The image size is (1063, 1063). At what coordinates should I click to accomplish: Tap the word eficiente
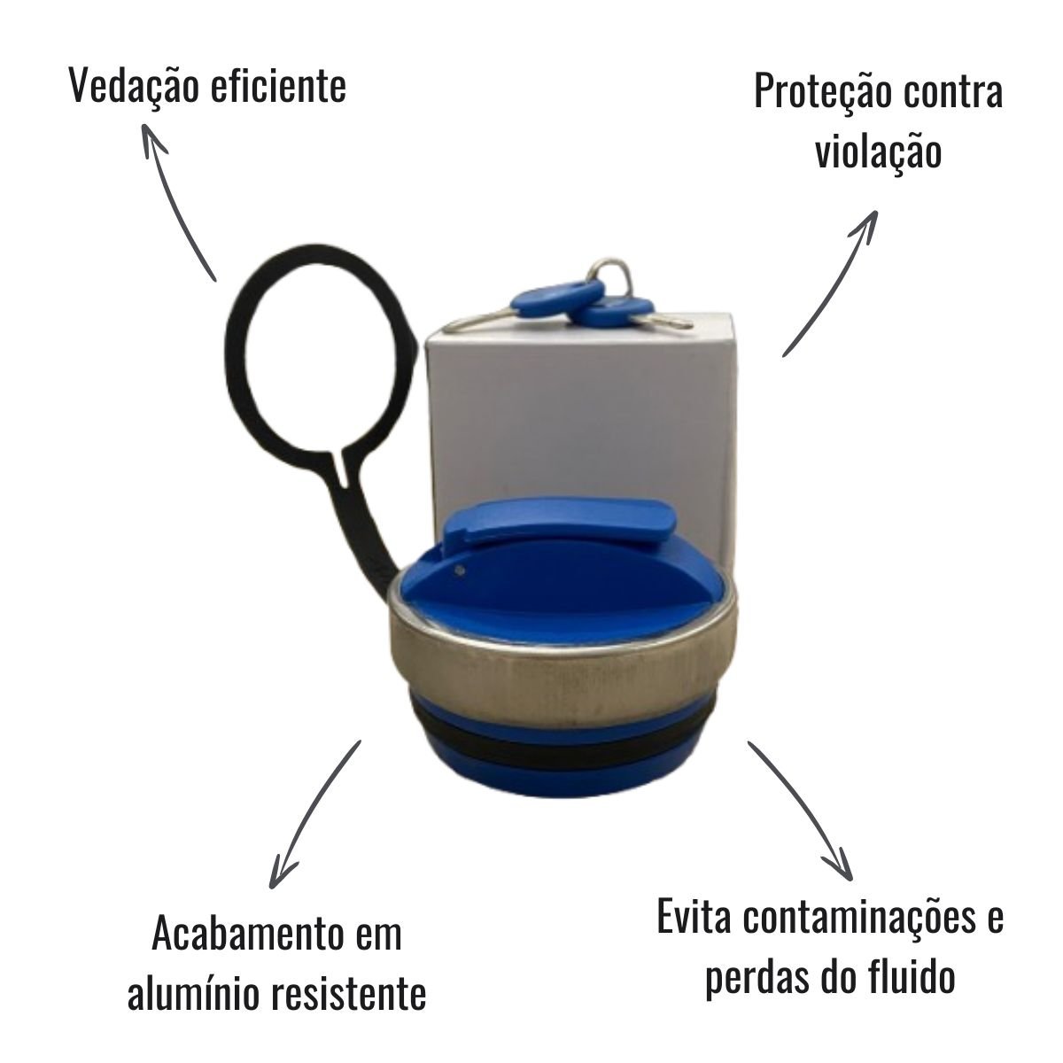[x=278, y=86]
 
